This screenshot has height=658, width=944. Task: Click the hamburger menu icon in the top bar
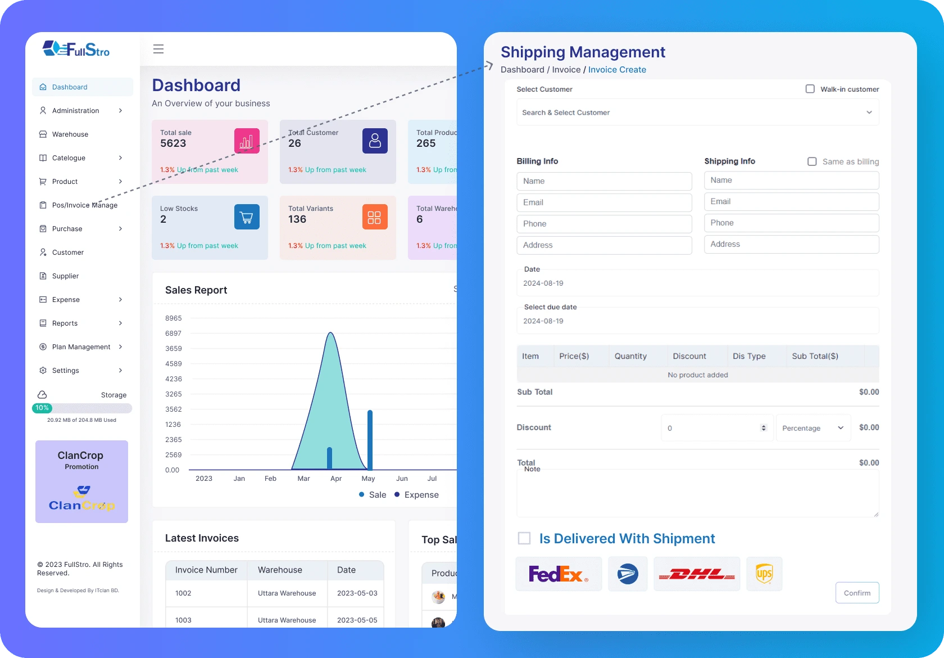[x=158, y=49]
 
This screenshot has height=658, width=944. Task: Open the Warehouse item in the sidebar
[x=70, y=134]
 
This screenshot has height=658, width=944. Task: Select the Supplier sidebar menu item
[x=65, y=276]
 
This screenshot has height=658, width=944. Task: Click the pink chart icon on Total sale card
[x=247, y=141]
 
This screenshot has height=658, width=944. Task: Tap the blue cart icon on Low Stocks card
[x=247, y=217]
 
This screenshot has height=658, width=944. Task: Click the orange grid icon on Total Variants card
[x=375, y=217]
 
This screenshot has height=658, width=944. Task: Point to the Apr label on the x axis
[x=336, y=479]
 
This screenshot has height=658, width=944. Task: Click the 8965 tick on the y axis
[x=173, y=318]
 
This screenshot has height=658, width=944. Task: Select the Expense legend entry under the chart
[x=416, y=495]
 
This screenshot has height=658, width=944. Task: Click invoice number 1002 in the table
[x=183, y=593]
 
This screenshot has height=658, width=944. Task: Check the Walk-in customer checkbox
[x=810, y=89]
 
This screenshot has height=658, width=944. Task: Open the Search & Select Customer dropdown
[x=697, y=112]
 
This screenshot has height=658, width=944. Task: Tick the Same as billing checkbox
[x=812, y=161]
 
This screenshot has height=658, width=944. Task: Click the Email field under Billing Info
[x=604, y=202]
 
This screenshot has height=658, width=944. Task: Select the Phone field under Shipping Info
[x=791, y=223]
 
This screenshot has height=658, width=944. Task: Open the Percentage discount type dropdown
[x=813, y=428]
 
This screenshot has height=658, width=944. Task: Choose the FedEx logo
[x=559, y=574]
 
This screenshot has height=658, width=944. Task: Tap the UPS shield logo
[x=764, y=574]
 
